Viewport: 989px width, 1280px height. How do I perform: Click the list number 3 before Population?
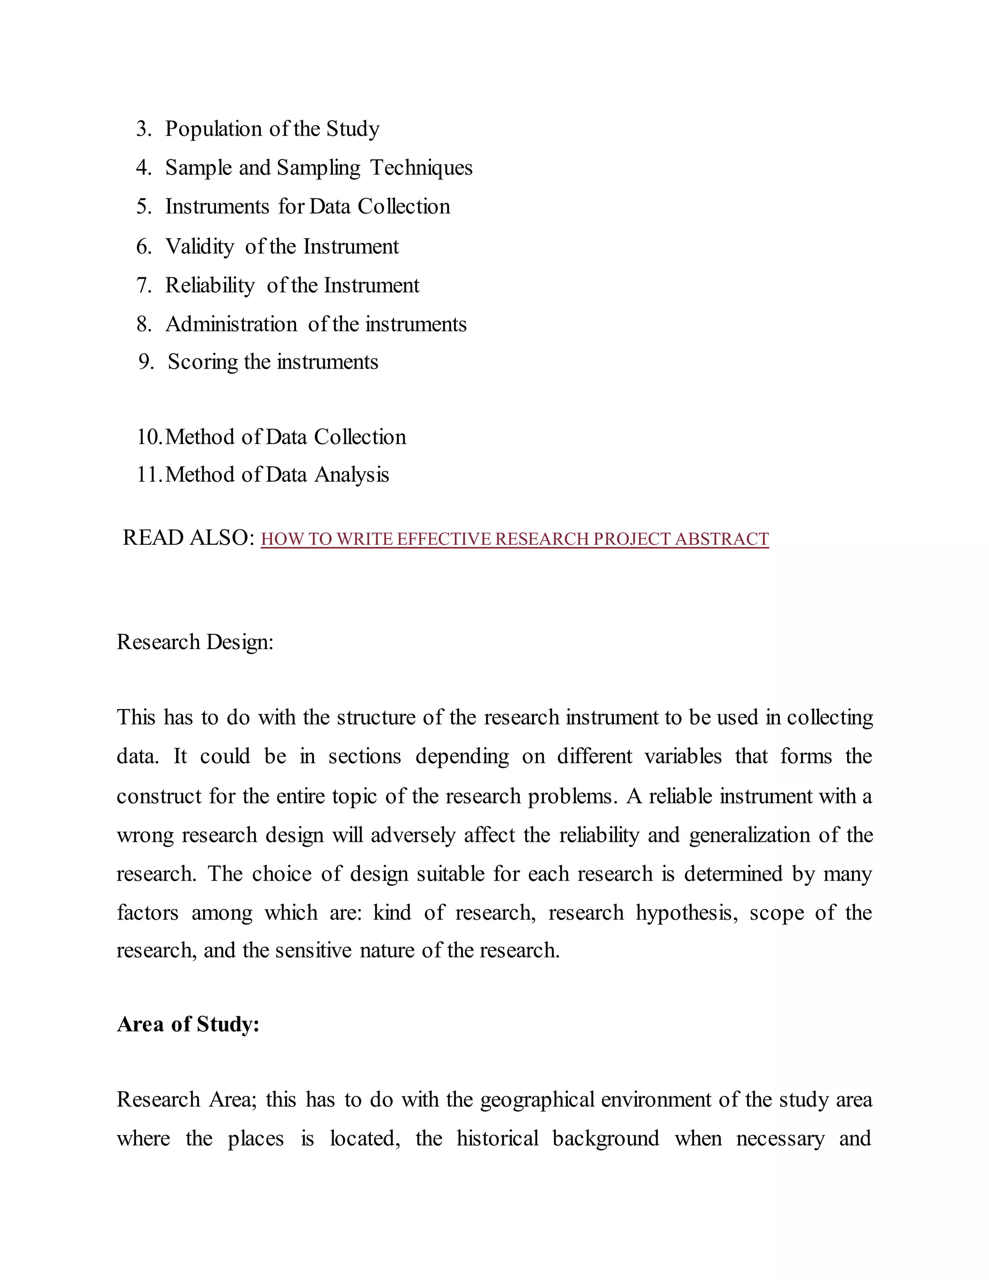coord(142,129)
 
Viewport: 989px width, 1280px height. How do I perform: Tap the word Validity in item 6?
coord(200,247)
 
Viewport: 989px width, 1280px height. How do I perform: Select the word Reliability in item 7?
coord(210,285)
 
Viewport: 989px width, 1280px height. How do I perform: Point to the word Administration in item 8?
coord(231,324)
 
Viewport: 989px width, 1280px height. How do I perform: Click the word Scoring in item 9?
coord(202,362)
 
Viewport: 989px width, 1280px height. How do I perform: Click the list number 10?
coord(148,437)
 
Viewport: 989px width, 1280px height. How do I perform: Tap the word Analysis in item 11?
coord(352,475)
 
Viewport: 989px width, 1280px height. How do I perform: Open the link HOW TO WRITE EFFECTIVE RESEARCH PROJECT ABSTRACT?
coord(514,539)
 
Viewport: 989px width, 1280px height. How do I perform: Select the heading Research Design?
coord(195,642)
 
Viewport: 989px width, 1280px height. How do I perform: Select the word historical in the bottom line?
coord(497,1139)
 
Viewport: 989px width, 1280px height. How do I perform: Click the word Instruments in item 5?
coord(217,207)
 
